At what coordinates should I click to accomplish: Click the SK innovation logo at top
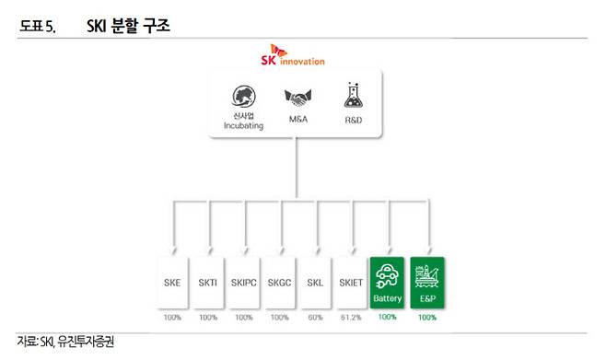[294, 59]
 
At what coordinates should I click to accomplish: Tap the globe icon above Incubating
[243, 98]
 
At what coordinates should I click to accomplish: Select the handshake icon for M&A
[296, 98]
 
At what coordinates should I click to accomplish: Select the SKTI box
[209, 282]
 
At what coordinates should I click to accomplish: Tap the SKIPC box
[244, 282]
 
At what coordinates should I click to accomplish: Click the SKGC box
[281, 282]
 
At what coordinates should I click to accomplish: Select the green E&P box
[426, 282]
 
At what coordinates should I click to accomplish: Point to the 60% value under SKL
[316, 317]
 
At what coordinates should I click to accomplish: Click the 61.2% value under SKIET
[352, 317]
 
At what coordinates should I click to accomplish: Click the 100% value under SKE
[173, 317]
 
